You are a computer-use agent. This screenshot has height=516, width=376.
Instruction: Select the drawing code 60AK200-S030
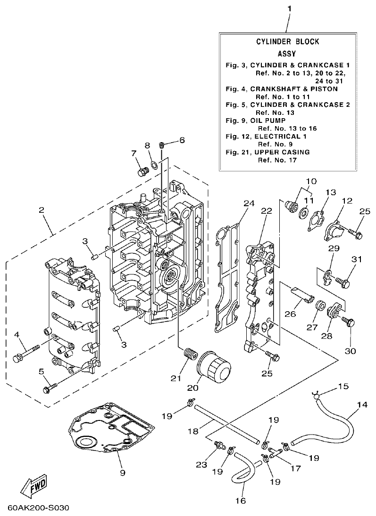(x=38, y=508)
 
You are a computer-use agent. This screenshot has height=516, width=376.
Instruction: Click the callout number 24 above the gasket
(x=249, y=203)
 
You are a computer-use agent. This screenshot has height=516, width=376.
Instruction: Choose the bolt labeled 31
(x=343, y=282)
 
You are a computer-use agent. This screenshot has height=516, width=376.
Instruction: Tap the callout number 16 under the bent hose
(x=240, y=501)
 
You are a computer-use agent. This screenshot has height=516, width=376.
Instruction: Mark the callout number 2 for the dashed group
(x=42, y=210)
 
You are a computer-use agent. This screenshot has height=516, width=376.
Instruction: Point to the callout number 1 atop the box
(x=290, y=9)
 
